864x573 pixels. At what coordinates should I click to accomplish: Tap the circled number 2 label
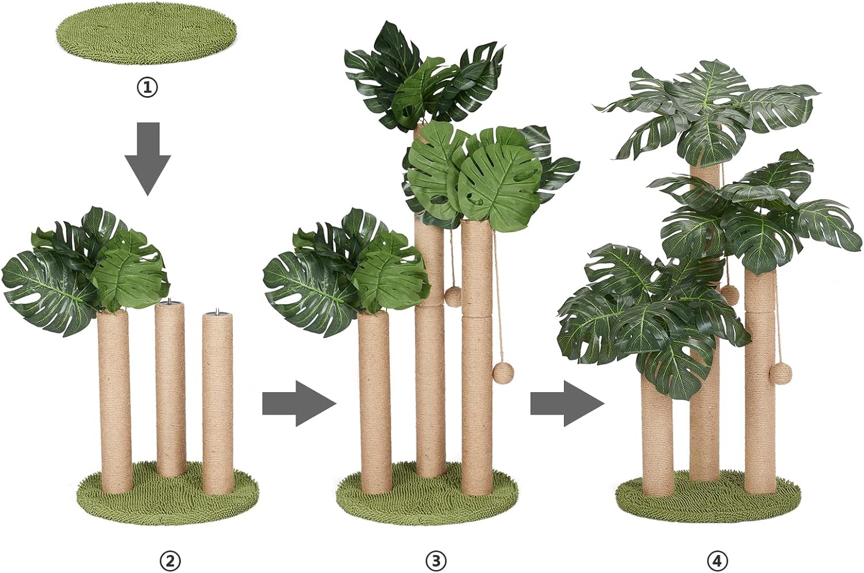click(170, 561)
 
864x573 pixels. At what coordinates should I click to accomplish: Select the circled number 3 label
click(436, 561)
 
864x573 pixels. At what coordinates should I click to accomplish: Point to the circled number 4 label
click(717, 561)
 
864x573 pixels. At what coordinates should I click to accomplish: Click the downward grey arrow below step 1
click(147, 159)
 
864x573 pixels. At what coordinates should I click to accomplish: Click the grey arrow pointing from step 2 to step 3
click(300, 403)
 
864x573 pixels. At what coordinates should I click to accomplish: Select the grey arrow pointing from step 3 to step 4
click(567, 403)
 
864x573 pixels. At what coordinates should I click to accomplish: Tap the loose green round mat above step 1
click(146, 40)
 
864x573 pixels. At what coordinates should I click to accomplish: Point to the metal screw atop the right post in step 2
click(217, 311)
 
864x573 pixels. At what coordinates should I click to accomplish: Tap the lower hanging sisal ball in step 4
click(780, 373)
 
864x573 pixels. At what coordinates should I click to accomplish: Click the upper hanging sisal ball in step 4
click(729, 295)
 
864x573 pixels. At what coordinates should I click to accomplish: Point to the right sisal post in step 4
click(760, 381)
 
